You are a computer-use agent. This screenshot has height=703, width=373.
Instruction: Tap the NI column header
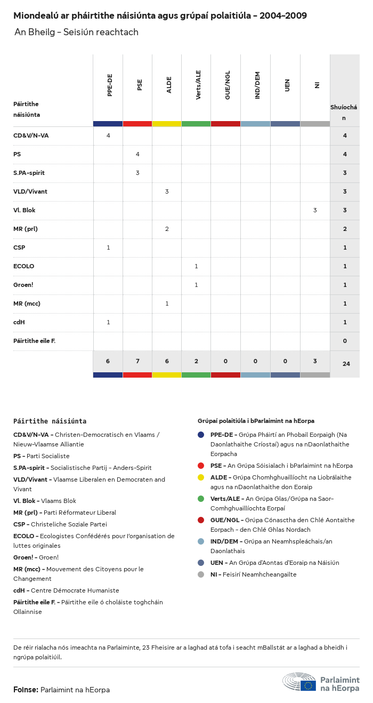click(x=317, y=85)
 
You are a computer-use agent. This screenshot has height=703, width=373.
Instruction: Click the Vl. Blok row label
click(x=25, y=210)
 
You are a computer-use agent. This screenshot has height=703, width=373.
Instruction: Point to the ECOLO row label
click(x=23, y=266)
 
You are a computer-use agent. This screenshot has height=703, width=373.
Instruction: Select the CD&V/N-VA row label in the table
click(x=31, y=135)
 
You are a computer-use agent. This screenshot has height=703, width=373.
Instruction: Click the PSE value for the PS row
click(x=137, y=154)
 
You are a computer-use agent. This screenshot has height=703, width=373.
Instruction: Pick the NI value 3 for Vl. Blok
click(x=315, y=210)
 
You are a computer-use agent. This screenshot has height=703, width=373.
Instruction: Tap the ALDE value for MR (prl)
click(x=167, y=229)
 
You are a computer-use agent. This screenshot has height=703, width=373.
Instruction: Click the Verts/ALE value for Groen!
click(x=196, y=285)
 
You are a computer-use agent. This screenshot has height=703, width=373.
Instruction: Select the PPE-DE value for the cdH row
click(x=108, y=322)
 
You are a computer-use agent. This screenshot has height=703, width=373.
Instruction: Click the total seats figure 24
click(x=346, y=364)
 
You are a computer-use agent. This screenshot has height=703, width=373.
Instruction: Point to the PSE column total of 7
click(x=137, y=361)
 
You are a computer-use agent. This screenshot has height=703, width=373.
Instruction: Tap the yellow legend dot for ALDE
click(x=201, y=477)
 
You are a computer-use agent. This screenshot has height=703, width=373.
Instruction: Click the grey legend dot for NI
click(x=201, y=574)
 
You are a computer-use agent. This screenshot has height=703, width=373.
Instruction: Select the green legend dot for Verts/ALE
click(x=201, y=499)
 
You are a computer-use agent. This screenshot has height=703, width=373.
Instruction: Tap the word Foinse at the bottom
click(x=26, y=690)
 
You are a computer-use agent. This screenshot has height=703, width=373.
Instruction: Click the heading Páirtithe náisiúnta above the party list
click(x=50, y=421)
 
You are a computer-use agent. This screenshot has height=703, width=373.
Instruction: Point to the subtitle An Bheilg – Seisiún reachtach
click(x=76, y=32)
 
